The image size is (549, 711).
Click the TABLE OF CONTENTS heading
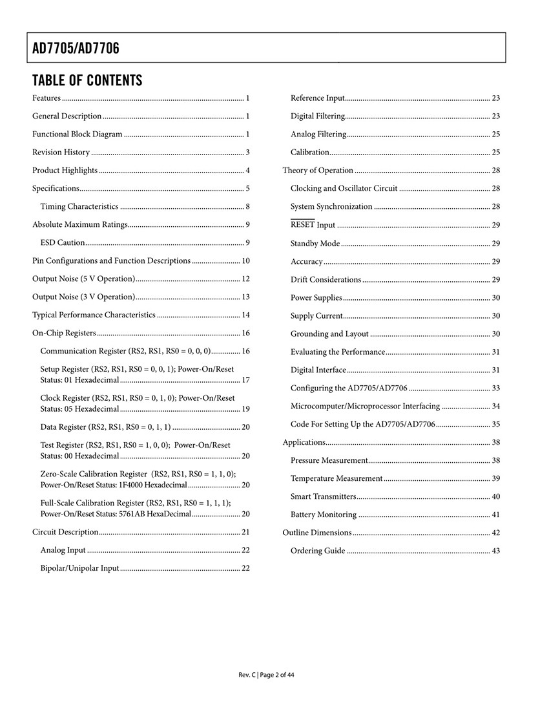87,81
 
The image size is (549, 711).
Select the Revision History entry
61,153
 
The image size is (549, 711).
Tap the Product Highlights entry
65,171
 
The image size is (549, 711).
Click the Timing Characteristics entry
79,207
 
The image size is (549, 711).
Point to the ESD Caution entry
63,243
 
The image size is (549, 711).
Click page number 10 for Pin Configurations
245,261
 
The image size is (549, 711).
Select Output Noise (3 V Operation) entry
84,297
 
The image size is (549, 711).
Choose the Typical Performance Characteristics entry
94,315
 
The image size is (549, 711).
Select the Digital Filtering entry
318,116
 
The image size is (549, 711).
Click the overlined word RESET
302,225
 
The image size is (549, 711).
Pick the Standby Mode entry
315,244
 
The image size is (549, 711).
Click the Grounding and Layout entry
329,334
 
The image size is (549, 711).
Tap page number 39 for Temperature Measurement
496,479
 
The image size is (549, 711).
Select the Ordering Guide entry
318,551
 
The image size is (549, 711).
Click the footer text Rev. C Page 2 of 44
267,675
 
